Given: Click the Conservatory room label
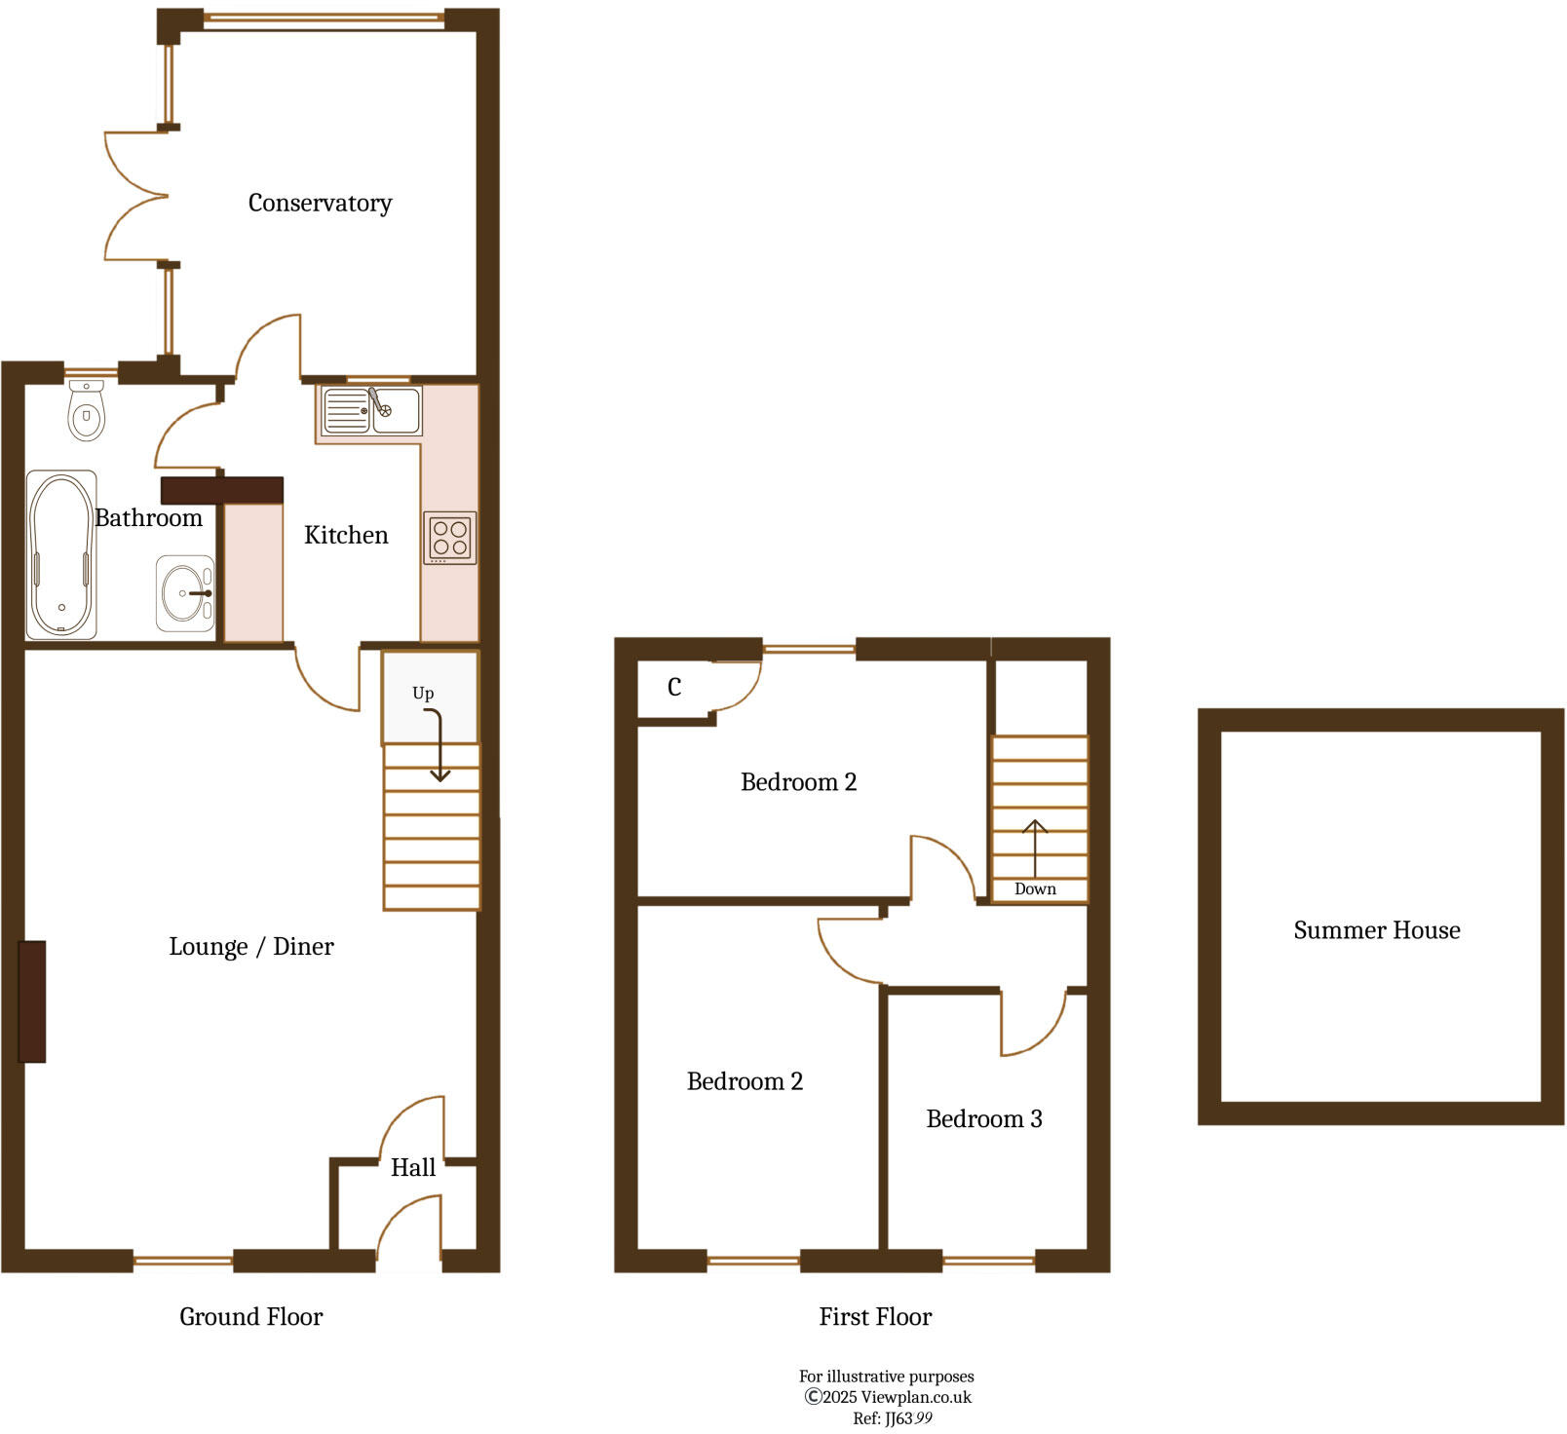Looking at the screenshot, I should click(320, 203).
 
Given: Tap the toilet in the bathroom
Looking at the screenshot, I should click(87, 412).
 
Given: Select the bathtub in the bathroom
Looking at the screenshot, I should click(61, 555).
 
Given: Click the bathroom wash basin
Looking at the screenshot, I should click(184, 593).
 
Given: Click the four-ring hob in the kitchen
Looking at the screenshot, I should click(450, 538).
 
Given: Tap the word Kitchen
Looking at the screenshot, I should click(346, 535).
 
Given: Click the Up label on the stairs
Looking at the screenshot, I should click(423, 694).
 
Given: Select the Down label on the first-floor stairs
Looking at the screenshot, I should click(1035, 888).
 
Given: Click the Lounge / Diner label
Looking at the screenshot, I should click(251, 947).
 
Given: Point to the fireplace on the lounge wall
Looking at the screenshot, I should click(32, 1001).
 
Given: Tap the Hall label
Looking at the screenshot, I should click(413, 1168).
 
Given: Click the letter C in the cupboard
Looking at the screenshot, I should click(674, 688).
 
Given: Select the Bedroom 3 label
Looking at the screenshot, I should click(984, 1119).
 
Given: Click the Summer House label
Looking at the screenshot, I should click(1377, 930).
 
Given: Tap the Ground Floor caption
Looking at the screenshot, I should click(250, 1317).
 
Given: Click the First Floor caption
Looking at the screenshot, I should click(875, 1317).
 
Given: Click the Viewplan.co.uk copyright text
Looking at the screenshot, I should click(888, 1397).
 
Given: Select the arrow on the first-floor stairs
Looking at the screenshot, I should click(1035, 848).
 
